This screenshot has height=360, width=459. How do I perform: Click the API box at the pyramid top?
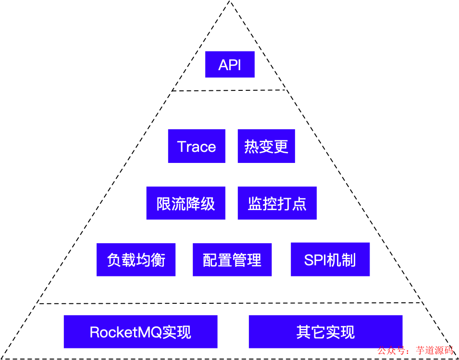point(230,64)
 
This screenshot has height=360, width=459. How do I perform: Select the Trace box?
point(197,146)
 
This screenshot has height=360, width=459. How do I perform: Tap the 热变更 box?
point(266,146)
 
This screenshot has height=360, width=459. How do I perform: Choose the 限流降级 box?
point(186,203)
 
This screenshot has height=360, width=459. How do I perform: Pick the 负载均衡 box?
point(136,260)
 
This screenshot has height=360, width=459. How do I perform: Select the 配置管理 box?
point(232,260)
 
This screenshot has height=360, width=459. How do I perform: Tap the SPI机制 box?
point(330,260)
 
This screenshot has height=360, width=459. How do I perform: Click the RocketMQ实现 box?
point(140,332)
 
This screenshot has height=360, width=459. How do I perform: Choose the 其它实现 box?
point(325,332)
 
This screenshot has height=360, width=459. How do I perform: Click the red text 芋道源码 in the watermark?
point(434,351)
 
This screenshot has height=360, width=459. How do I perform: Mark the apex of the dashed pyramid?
point(230,2)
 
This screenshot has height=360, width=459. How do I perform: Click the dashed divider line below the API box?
point(230,90)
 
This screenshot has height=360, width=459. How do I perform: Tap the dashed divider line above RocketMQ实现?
point(230,303)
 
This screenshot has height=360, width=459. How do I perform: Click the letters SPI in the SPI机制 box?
point(315,260)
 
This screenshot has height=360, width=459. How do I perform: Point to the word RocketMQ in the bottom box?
point(125,332)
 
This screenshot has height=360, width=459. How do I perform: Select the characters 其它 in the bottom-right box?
point(310,332)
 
